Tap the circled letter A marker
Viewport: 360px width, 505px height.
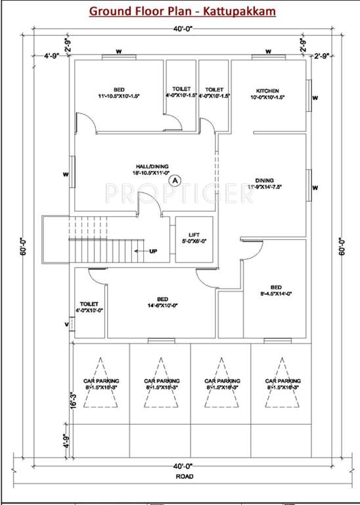(x=174, y=179)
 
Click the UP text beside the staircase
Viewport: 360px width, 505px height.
(x=153, y=251)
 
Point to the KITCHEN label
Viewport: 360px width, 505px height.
(x=268, y=91)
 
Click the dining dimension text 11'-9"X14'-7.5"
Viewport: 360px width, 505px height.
(x=264, y=187)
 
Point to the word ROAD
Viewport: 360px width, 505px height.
(x=179, y=475)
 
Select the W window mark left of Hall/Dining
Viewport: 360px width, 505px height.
(x=66, y=174)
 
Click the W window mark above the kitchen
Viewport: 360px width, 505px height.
(x=269, y=50)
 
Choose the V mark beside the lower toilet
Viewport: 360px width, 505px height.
(x=66, y=324)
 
